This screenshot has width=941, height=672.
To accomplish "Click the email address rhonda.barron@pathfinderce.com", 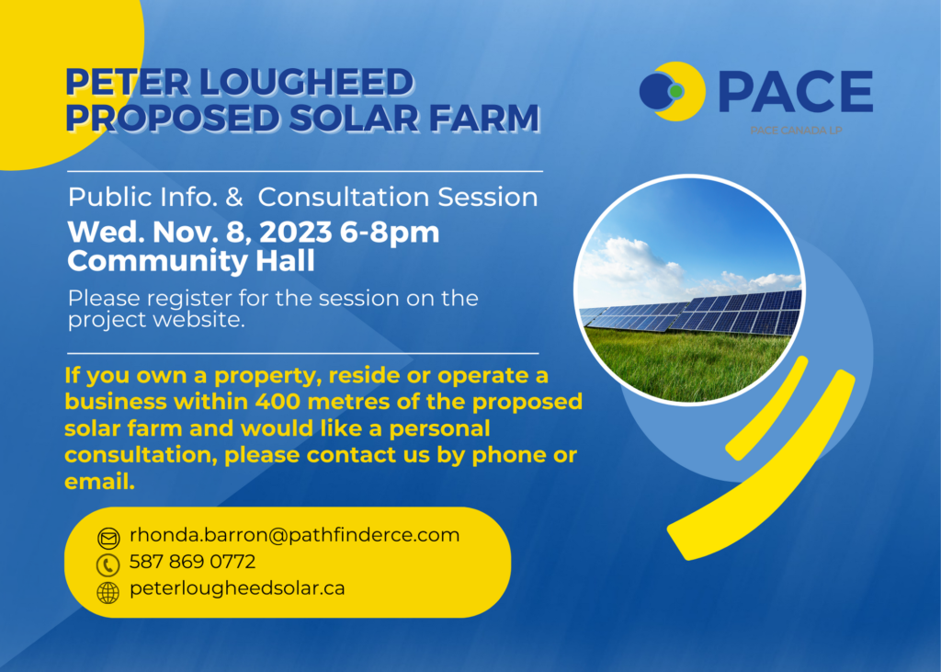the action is (x=295, y=535).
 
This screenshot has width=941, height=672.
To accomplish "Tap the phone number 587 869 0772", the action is (x=193, y=562).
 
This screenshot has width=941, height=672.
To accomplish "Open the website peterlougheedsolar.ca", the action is (x=237, y=588).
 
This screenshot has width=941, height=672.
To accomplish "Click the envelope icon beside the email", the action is (x=108, y=538).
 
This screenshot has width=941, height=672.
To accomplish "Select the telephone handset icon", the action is (x=108, y=565).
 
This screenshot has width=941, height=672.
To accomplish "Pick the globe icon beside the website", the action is (x=108, y=593).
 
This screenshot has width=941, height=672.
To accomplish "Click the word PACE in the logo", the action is (x=795, y=91).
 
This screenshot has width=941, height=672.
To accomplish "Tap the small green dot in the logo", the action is (x=676, y=91).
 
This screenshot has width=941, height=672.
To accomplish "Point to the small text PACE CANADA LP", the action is (x=796, y=131).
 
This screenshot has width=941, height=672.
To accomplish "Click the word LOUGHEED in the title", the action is (x=306, y=82).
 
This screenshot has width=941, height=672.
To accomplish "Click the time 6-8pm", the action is (x=390, y=233).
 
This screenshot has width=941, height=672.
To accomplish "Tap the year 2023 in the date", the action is (x=296, y=232).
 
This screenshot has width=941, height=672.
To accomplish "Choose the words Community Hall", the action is (x=191, y=261).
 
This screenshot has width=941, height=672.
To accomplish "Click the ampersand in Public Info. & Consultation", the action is (x=234, y=198).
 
